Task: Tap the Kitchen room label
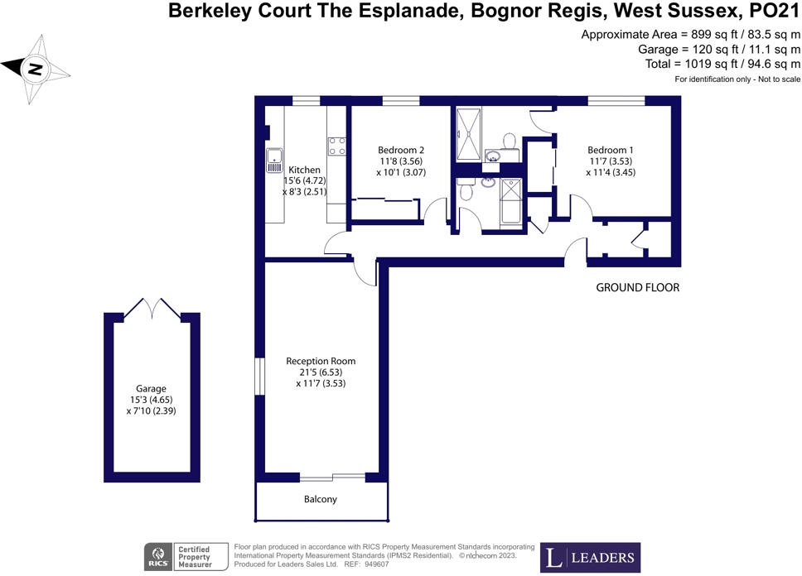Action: [304, 170]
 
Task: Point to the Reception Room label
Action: [321, 361]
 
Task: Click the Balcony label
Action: [321, 500]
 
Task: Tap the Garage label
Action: [152, 388]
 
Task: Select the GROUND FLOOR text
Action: [638, 288]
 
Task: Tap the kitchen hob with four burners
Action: [336, 146]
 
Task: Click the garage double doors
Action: [152, 309]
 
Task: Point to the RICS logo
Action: [157, 555]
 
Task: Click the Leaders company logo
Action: [590, 556]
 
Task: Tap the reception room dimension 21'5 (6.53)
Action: [321, 372]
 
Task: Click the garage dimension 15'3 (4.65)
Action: [152, 400]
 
